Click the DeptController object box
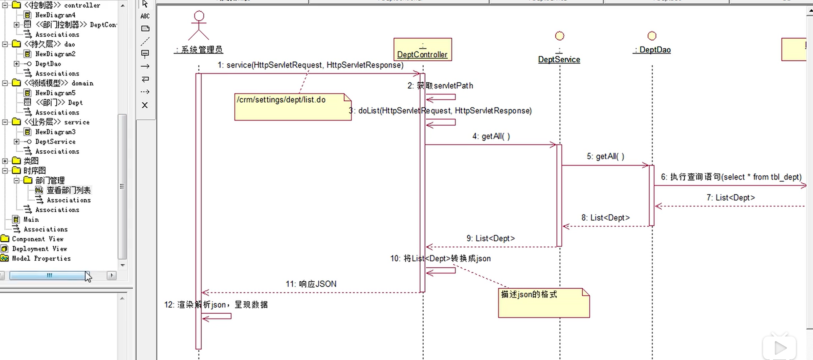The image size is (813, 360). point(422,49)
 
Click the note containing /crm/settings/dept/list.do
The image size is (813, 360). point(293,107)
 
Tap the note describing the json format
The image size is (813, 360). point(544,303)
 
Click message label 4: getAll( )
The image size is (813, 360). point(491,136)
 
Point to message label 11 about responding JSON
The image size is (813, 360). point(311,284)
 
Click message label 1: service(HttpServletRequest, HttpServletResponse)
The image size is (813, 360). point(310,65)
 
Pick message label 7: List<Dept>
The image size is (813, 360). point(730,198)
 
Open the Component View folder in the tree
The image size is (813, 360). point(37,239)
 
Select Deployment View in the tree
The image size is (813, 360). point(39,249)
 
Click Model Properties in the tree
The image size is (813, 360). point(41,258)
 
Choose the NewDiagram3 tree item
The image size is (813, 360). point(55,132)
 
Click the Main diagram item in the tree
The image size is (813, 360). point(31,219)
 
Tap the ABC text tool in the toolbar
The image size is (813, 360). point(145,16)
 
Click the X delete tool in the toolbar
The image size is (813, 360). point(145,105)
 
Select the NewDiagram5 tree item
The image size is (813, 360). point(55,93)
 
